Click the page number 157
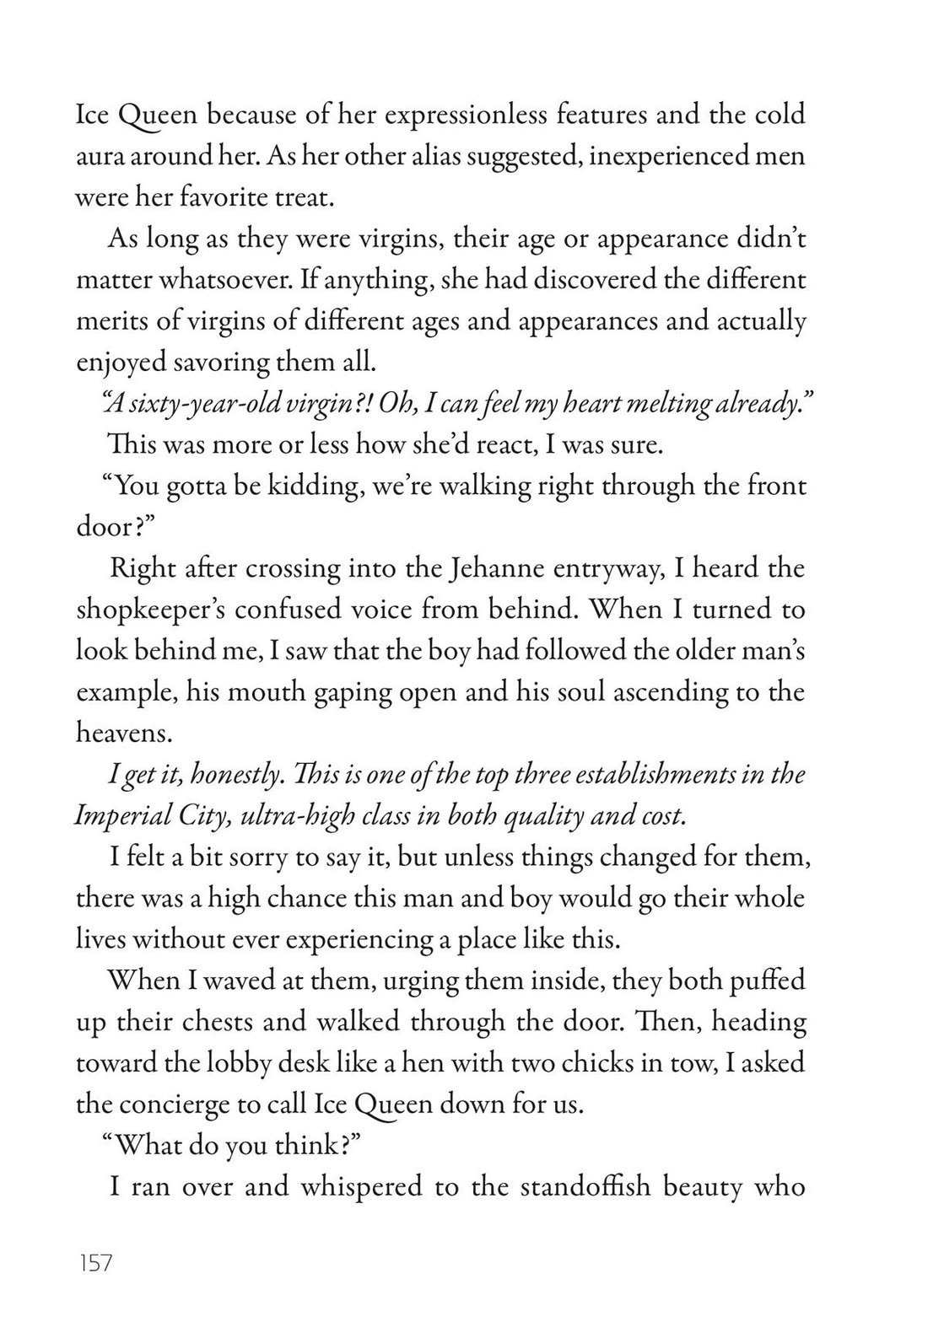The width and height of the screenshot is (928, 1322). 94,1265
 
